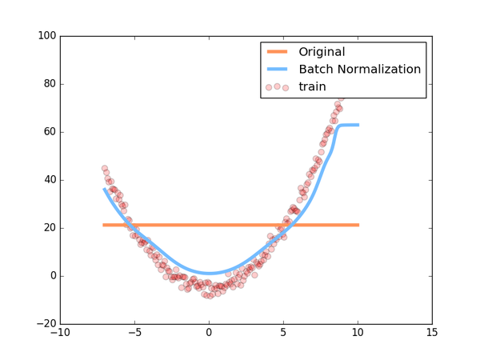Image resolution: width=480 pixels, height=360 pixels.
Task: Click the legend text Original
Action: [x=326, y=52]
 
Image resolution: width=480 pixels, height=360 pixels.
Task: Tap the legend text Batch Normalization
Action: [x=359, y=70]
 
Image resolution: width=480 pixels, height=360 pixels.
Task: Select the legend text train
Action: [x=314, y=86]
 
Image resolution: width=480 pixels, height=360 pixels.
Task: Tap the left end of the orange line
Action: [x=104, y=225]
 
